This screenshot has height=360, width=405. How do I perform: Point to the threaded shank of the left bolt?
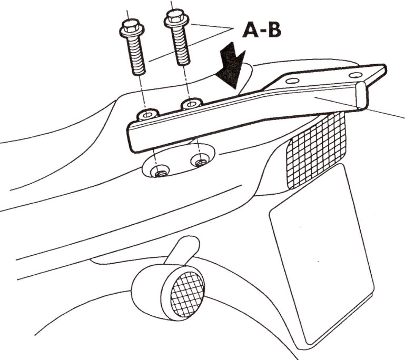click(136, 55)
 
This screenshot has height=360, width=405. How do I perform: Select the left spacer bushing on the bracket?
click(147, 115)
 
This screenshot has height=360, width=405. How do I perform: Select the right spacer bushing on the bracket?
click(191, 104)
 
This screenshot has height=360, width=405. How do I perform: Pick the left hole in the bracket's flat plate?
click(293, 81)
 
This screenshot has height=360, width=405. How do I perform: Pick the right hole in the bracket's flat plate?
click(355, 75)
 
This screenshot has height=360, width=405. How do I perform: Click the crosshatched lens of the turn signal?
click(187, 294)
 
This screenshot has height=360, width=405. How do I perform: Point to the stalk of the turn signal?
click(183, 251)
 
